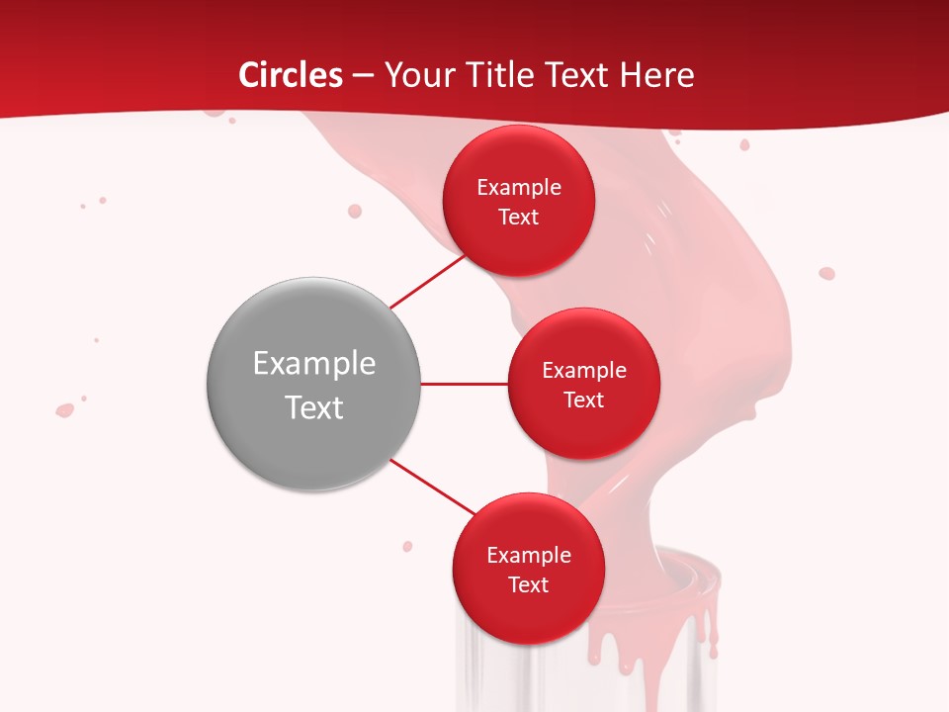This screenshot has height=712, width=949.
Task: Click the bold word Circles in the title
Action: coord(291,75)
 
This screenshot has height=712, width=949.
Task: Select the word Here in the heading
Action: coord(656,75)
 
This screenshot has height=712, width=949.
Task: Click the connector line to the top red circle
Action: coord(427,281)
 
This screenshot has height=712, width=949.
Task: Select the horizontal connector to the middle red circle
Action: coord(464,384)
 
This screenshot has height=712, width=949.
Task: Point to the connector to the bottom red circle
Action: coord(432,487)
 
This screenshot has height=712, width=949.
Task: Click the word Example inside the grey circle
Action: coord(314,364)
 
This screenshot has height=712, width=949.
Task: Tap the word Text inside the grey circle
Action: coord(314,407)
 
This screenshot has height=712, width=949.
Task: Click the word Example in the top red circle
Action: coord(519,188)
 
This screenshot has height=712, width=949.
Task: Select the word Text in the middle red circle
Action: coord(583,400)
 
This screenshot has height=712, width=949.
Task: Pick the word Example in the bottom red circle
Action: coord(528,556)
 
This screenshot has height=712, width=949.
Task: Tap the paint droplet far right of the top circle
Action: coord(826,274)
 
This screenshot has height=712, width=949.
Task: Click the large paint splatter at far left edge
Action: coord(65,409)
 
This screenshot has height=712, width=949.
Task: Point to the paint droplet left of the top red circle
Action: coord(355,211)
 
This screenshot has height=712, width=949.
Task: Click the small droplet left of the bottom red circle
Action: coord(407,546)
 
